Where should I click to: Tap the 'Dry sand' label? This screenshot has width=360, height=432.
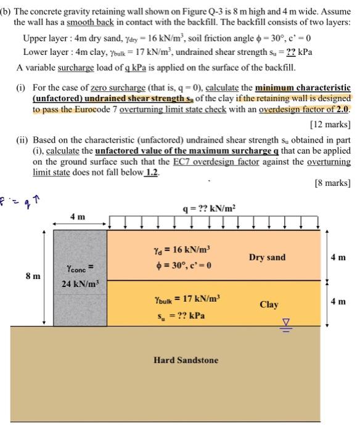point(267,257)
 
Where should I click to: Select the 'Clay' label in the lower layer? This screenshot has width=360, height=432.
point(269,304)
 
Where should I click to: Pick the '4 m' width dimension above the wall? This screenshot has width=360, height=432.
point(78,217)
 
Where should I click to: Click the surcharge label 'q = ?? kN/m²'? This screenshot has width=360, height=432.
point(208,209)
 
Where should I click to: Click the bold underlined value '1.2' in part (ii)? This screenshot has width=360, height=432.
point(150,172)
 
